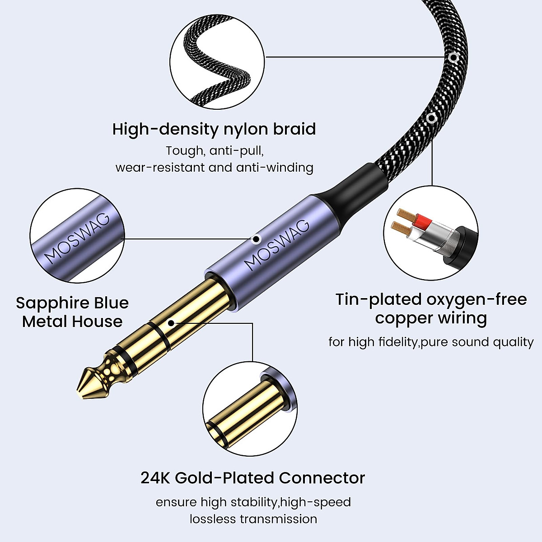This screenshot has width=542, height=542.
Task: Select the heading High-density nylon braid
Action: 214,129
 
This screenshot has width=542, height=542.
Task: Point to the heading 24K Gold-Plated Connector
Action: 252,477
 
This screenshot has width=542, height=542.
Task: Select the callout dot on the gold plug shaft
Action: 171,323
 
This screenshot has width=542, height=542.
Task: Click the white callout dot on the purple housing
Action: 256,238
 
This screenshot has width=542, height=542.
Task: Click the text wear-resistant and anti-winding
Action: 214,168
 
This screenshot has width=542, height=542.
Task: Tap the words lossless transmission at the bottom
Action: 253,519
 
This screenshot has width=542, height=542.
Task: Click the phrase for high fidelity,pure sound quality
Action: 431,342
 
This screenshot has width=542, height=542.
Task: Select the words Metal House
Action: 72,322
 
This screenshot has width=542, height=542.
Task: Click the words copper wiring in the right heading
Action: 431,318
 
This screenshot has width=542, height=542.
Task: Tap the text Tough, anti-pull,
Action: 214,150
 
